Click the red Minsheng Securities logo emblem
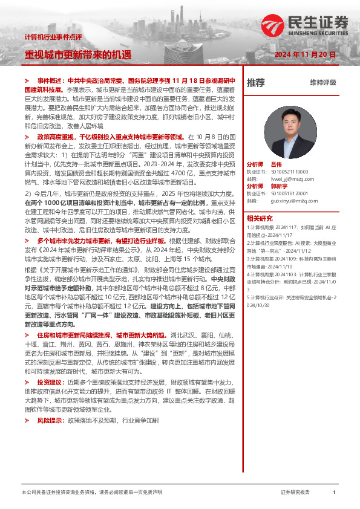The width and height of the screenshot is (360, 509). tap(270, 27)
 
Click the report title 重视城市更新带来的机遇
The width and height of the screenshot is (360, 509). tap(78, 54)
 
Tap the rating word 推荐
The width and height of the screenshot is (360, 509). tap(256, 83)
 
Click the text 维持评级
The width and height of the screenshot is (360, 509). tap(322, 83)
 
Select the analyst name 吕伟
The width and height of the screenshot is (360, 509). tap(276, 164)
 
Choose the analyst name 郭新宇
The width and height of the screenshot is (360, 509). tap(280, 186)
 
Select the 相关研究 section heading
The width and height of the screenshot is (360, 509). tap(258, 218)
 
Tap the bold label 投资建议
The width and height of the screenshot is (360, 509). tap(50, 383)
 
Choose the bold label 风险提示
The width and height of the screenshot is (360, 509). tap(50, 420)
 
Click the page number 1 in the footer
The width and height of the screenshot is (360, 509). tap(334, 493)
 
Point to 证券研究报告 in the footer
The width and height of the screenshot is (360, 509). tap(295, 493)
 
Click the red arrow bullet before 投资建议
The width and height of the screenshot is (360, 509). tap(26, 383)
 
